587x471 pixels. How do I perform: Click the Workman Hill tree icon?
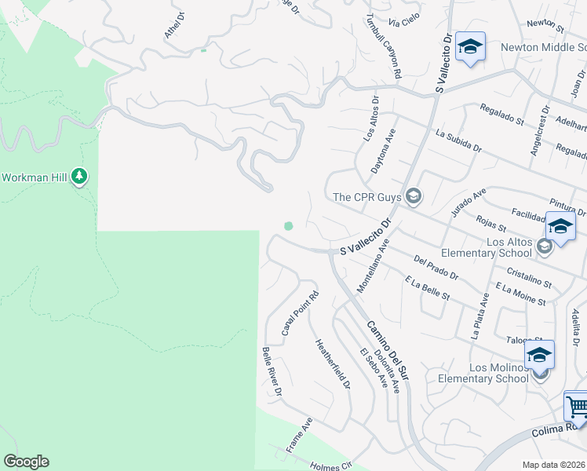78,177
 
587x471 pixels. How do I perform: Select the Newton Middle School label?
538,47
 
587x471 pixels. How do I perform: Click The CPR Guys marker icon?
414,197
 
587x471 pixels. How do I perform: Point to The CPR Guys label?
367,197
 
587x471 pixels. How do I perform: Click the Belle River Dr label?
272,371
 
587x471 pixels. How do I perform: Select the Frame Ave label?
300,434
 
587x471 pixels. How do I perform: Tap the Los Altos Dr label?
370,119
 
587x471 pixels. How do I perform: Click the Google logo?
26,462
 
